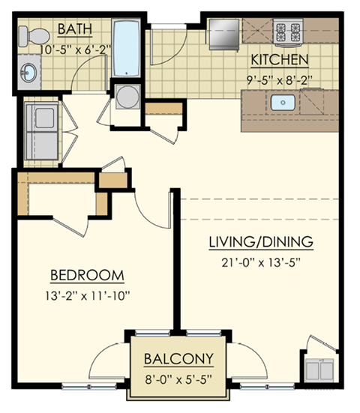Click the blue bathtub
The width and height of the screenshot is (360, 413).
click(126, 49)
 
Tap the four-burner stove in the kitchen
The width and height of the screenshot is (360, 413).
click(286, 32)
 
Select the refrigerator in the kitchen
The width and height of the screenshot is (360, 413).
click(223, 34)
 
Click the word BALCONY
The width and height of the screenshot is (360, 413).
click(178, 358)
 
